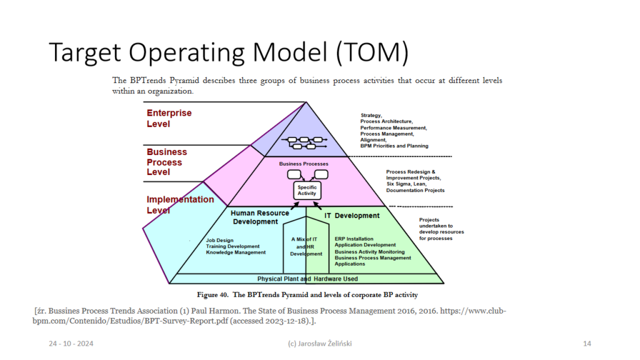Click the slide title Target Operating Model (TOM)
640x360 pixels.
pyautogui.click(x=229, y=53)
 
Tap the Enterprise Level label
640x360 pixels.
pyautogui.click(x=169, y=118)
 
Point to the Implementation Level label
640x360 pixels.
pyautogui.click(x=180, y=204)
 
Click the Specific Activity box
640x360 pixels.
pyautogui.click(x=307, y=191)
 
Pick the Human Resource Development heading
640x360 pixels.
pyautogui.click(x=259, y=217)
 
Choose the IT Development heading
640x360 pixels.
pyautogui.click(x=352, y=216)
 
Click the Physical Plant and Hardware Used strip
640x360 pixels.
pyautogui.click(x=307, y=279)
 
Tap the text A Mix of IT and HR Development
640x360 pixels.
pyautogui.click(x=306, y=246)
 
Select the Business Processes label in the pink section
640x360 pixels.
pyautogui.click(x=304, y=164)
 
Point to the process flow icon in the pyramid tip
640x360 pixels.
pyautogui.click(x=304, y=142)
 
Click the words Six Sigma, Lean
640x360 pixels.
pyautogui.click(x=406, y=184)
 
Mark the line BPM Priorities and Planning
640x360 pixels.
pyautogui.click(x=394, y=146)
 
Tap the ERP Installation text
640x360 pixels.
pyautogui.click(x=354, y=239)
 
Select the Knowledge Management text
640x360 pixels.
pyautogui.click(x=236, y=252)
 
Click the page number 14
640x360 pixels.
pyautogui.click(x=587, y=344)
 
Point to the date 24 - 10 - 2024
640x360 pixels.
pyautogui.click(x=71, y=344)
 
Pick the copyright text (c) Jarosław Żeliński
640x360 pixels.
pyautogui.click(x=319, y=344)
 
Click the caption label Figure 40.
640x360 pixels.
pyautogui.click(x=212, y=295)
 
